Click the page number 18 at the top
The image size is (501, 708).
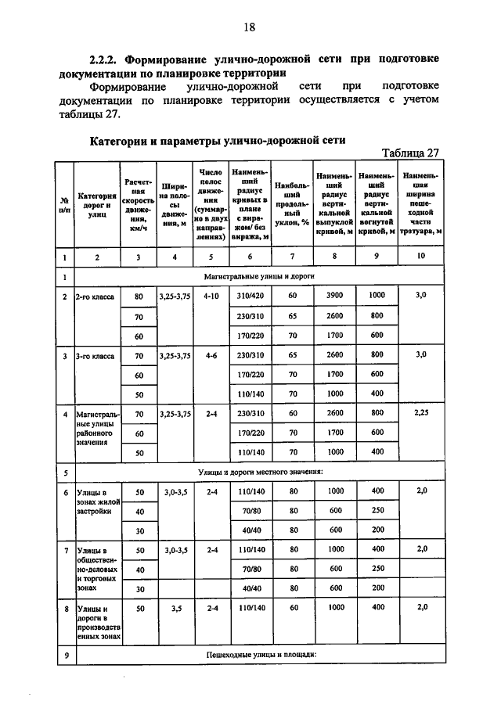click(250, 28)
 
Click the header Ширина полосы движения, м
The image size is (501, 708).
click(175, 204)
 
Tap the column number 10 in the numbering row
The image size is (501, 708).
click(422, 256)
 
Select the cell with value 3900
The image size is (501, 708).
click(335, 296)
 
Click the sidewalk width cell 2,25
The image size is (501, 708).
click(422, 412)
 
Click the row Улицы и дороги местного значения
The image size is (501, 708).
click(260, 472)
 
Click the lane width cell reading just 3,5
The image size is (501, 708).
click(175, 607)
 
